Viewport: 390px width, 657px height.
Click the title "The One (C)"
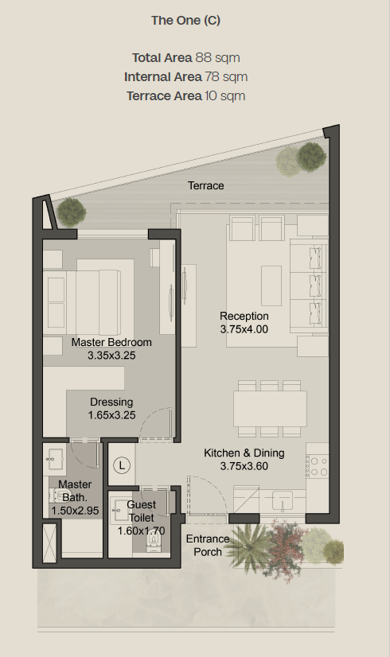185,21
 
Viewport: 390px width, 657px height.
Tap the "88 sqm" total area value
217,57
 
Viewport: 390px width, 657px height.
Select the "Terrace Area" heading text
165,96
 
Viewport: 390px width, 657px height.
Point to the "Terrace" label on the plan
206,185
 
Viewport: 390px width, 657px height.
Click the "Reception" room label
244,316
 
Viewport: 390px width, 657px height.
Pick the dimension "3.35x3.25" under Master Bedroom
111,356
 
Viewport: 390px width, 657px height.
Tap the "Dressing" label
111,402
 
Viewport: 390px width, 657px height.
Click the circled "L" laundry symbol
122,465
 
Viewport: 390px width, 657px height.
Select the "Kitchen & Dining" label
244,453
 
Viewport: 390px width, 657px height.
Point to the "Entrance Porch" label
208,545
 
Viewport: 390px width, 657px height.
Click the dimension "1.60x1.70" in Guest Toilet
141,531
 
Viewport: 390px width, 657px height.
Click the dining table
270,409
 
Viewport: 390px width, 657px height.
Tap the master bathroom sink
54,460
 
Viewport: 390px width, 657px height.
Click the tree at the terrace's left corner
72,212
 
